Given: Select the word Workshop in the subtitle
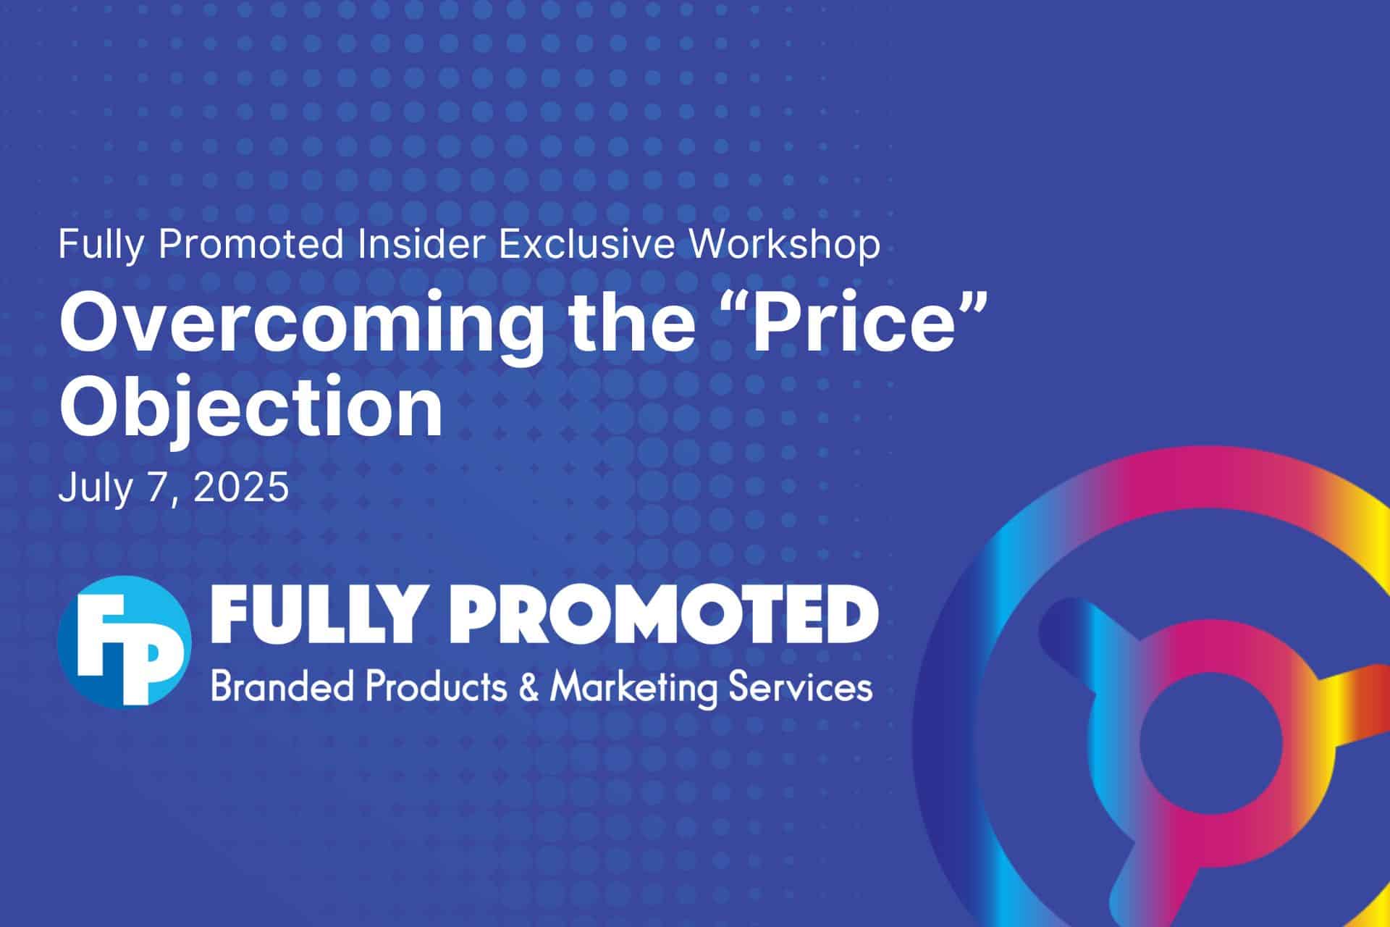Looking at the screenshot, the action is click(785, 245).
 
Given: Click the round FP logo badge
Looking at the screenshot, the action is click(124, 642).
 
